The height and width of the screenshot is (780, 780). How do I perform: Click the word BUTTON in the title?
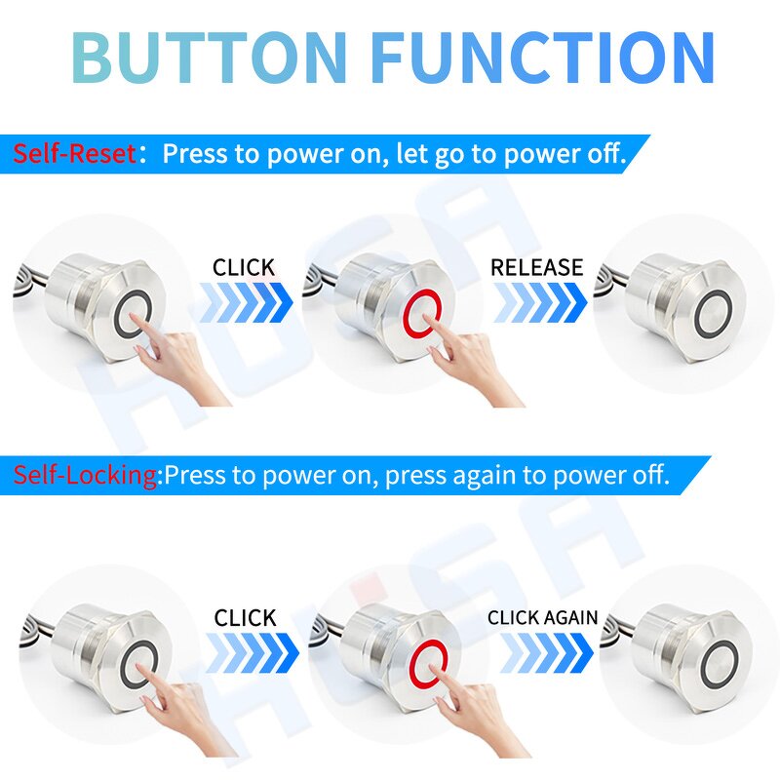click(210, 57)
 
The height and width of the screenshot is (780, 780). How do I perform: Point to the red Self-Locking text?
click(86, 476)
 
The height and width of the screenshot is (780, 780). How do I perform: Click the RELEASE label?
click(536, 267)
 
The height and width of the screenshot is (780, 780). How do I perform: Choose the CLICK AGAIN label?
click(542, 617)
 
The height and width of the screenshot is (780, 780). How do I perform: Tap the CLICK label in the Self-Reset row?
click(244, 267)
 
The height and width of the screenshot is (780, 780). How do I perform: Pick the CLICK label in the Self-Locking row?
click(246, 617)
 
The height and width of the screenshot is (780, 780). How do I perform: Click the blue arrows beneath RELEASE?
click(539, 302)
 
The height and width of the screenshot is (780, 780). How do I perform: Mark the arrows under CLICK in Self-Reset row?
click(244, 302)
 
